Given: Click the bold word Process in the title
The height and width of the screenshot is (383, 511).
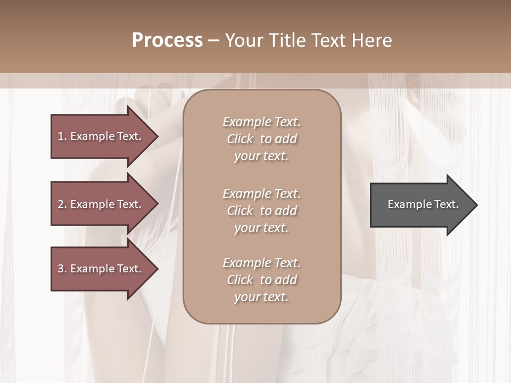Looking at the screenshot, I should click(167, 40).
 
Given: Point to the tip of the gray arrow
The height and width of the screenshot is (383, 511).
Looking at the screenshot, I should click(476, 205).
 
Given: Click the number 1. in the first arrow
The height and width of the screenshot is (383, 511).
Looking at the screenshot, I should click(62, 136).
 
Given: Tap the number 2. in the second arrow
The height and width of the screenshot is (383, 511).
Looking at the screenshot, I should click(62, 204).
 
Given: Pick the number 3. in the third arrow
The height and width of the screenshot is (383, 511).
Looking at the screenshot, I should click(62, 269).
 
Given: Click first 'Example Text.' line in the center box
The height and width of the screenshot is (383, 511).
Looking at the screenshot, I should click(261, 122).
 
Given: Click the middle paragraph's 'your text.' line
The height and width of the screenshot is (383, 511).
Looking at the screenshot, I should click(261, 228).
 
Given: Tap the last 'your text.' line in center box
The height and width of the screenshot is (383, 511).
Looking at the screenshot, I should click(261, 297).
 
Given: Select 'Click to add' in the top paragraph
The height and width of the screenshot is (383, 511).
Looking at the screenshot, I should click(261, 139).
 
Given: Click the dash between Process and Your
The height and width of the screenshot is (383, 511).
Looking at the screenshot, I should click(214, 41).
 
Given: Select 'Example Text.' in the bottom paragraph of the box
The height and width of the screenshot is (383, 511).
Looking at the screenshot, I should click(261, 263).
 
